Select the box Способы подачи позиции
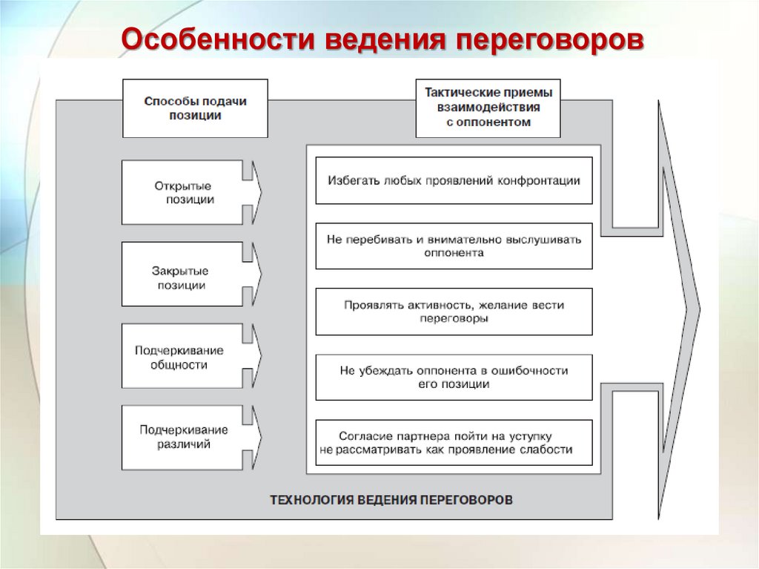coord(195,108)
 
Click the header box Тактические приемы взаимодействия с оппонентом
coord(488,108)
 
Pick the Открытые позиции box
coord(182,192)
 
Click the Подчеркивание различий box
coord(182,437)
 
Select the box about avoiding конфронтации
coord(454,180)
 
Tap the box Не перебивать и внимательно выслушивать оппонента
coord(454,246)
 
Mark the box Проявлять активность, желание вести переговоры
coord(454,312)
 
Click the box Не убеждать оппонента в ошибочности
coord(454,377)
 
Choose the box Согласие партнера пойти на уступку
coord(454,442)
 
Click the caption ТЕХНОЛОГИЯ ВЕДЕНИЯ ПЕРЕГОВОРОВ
coord(390,500)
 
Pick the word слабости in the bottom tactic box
coord(547,450)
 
